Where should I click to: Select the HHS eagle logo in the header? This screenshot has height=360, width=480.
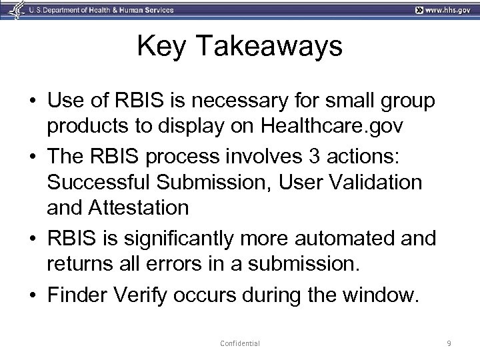click(12, 9)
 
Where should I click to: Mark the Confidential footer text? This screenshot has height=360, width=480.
click(240, 343)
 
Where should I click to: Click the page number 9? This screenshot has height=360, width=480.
click(449, 343)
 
